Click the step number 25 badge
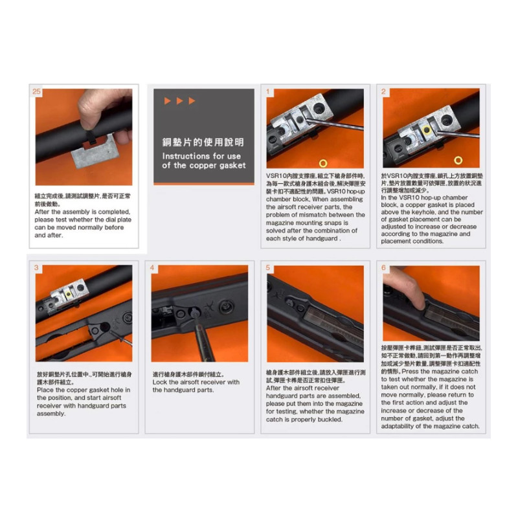(x=36, y=92)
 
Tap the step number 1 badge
(x=268, y=92)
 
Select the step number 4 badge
(x=153, y=267)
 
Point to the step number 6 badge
(x=384, y=267)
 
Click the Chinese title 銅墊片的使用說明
(x=203, y=142)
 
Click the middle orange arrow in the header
(x=179, y=101)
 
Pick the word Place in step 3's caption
(x=46, y=390)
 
